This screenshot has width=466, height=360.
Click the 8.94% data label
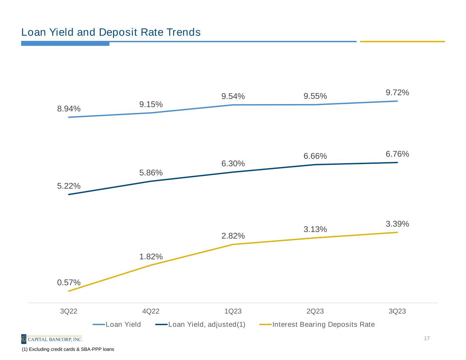click(69, 109)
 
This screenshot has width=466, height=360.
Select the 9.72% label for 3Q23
click(397, 92)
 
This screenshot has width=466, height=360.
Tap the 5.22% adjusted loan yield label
click(69, 186)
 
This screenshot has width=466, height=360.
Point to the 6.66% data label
click(315, 156)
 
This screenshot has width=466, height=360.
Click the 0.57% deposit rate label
click(69, 283)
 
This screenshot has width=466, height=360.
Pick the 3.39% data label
click(397, 224)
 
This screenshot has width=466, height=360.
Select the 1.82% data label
click(151, 257)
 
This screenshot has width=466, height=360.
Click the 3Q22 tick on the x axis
click(69, 311)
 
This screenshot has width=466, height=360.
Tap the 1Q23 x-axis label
click(233, 311)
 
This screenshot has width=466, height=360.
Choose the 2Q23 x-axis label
click(315, 311)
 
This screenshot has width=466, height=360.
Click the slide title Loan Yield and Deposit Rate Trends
click(111, 32)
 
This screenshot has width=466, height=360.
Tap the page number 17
click(427, 339)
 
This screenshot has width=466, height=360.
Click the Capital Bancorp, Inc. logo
click(52, 339)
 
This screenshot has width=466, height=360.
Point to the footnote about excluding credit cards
click(68, 349)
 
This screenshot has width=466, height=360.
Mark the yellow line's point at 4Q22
click(151, 265)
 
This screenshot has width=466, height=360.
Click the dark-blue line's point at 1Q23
click(233, 172)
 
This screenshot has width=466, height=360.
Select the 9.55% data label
click(315, 96)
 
